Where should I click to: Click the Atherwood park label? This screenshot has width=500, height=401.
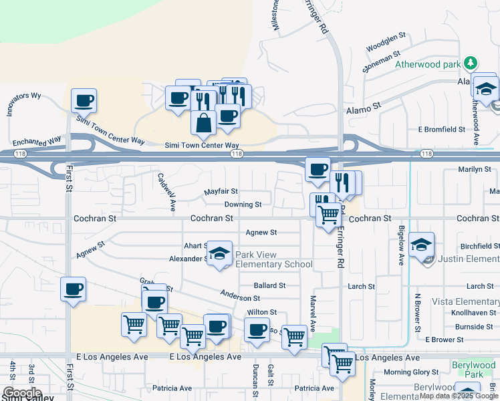[428, 65]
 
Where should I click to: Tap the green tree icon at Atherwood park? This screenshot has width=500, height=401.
[472, 63]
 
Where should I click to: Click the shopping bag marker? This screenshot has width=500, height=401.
[203, 122]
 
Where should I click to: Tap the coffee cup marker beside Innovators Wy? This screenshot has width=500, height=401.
[84, 101]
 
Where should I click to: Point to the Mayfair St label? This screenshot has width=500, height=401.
[221, 192]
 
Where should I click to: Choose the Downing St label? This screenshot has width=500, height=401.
[243, 205]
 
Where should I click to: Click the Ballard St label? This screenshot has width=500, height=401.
[269, 285]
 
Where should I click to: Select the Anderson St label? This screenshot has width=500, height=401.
[240, 297]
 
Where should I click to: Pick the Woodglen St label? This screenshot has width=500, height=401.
[386, 41]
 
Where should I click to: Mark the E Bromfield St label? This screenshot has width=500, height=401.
[441, 129]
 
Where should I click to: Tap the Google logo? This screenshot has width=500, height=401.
[22, 393]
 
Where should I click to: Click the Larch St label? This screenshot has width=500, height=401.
[362, 287]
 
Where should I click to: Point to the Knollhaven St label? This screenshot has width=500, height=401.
[472, 313]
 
